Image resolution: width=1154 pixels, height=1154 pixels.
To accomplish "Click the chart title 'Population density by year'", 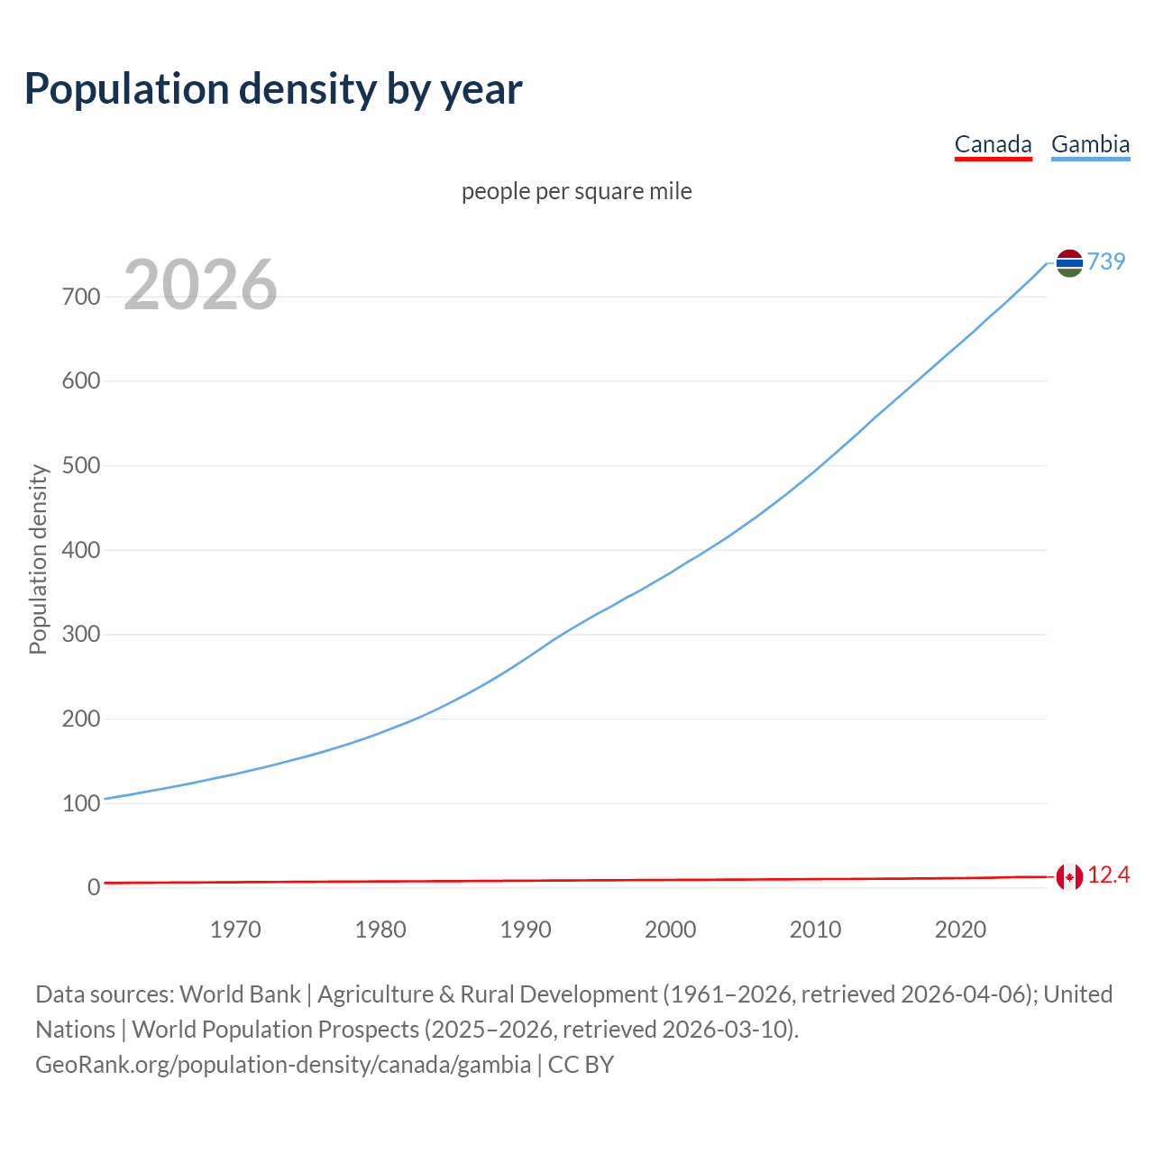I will click(x=273, y=89).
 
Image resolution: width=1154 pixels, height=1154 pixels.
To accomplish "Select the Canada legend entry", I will click(x=993, y=144).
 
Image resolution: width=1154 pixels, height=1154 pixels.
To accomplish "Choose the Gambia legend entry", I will click(x=1090, y=144).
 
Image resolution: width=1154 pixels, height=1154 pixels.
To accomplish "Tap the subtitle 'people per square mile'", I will click(x=577, y=191).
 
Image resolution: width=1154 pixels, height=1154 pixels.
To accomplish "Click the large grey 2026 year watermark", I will click(x=200, y=285).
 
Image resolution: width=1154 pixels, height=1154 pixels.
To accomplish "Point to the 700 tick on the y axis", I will click(x=81, y=297).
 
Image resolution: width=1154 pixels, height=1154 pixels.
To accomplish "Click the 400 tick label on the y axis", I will click(x=81, y=550).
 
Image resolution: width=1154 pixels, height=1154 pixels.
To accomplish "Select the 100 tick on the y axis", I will click(x=81, y=803).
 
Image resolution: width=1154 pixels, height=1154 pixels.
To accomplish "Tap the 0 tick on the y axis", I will click(x=94, y=888).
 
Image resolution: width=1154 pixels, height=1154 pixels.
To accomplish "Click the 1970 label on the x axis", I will click(x=235, y=930).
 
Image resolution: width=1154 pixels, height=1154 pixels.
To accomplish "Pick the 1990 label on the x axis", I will click(x=526, y=930).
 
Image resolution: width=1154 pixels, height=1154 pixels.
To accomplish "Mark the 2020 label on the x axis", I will click(x=960, y=930).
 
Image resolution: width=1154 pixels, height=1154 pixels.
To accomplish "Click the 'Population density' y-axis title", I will click(x=38, y=559).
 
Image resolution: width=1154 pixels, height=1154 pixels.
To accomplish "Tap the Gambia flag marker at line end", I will click(x=1069, y=262).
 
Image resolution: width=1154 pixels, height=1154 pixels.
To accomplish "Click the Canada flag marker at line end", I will click(x=1069, y=876).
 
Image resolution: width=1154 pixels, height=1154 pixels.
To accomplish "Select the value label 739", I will click(x=1106, y=261).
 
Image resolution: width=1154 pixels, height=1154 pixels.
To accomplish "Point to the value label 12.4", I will click(x=1108, y=875).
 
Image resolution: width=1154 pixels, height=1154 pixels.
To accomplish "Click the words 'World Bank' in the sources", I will click(x=240, y=994).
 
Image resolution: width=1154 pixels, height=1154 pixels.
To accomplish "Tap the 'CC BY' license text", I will click(x=581, y=1065).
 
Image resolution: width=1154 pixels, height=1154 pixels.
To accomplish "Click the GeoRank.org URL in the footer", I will click(x=283, y=1065).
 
